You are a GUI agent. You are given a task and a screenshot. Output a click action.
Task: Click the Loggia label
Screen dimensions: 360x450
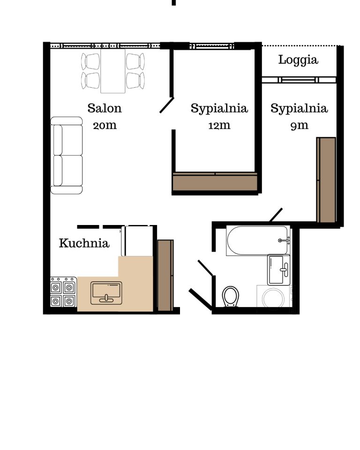(x=298, y=60)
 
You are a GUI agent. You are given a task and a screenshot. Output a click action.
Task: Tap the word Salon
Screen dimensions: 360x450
(x=105, y=108)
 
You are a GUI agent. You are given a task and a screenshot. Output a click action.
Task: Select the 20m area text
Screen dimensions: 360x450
(x=105, y=125)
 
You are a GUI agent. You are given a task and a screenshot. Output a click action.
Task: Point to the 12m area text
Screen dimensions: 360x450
(x=219, y=125)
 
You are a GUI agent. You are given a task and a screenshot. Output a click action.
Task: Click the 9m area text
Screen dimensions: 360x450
(x=299, y=126)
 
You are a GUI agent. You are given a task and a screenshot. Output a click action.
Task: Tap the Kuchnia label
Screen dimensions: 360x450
(x=84, y=243)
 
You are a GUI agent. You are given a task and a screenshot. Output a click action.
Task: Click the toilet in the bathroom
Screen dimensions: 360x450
(x=231, y=296)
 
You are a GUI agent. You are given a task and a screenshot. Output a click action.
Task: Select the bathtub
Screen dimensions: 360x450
(x=258, y=240)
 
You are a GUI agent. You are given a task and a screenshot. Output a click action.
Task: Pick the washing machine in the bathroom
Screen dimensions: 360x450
(x=274, y=298)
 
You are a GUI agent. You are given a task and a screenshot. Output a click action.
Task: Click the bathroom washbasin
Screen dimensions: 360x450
(x=278, y=270)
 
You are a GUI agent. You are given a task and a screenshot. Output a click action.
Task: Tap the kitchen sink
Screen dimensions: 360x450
(x=106, y=293)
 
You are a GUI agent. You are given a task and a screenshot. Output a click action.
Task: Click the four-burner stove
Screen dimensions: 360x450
(x=63, y=292)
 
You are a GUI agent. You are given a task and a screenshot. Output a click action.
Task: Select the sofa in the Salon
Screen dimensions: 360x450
(x=67, y=155)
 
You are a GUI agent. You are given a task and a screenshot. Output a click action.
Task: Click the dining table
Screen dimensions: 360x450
(x=113, y=71)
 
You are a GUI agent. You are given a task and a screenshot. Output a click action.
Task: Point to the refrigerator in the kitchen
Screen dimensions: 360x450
(x=137, y=241)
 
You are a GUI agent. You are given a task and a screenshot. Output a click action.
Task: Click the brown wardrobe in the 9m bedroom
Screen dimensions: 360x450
(x=326, y=180)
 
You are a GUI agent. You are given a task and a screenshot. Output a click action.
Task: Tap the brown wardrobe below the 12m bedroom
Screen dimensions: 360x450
(x=215, y=182)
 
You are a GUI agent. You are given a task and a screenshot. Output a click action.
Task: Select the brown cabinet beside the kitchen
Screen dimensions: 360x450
(x=165, y=276)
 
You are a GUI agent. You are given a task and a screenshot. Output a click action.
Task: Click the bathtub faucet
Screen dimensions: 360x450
(x=284, y=240)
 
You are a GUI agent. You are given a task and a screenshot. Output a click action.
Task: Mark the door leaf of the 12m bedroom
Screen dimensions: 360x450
(x=167, y=105)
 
